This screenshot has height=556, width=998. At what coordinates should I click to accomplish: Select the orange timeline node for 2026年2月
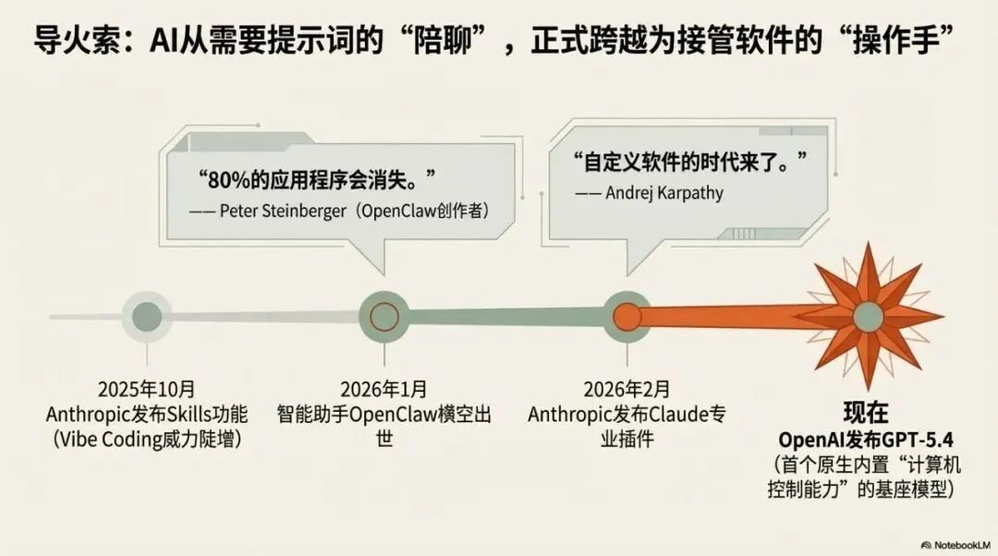click(627, 316)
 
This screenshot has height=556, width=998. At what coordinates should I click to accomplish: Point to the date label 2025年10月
click(145, 388)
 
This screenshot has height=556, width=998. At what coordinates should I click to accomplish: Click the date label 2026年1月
click(383, 388)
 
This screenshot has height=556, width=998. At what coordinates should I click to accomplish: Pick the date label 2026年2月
click(627, 388)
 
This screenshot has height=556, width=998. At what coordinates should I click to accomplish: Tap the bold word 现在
click(866, 412)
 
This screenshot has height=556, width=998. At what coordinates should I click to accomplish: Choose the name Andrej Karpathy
click(665, 193)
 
